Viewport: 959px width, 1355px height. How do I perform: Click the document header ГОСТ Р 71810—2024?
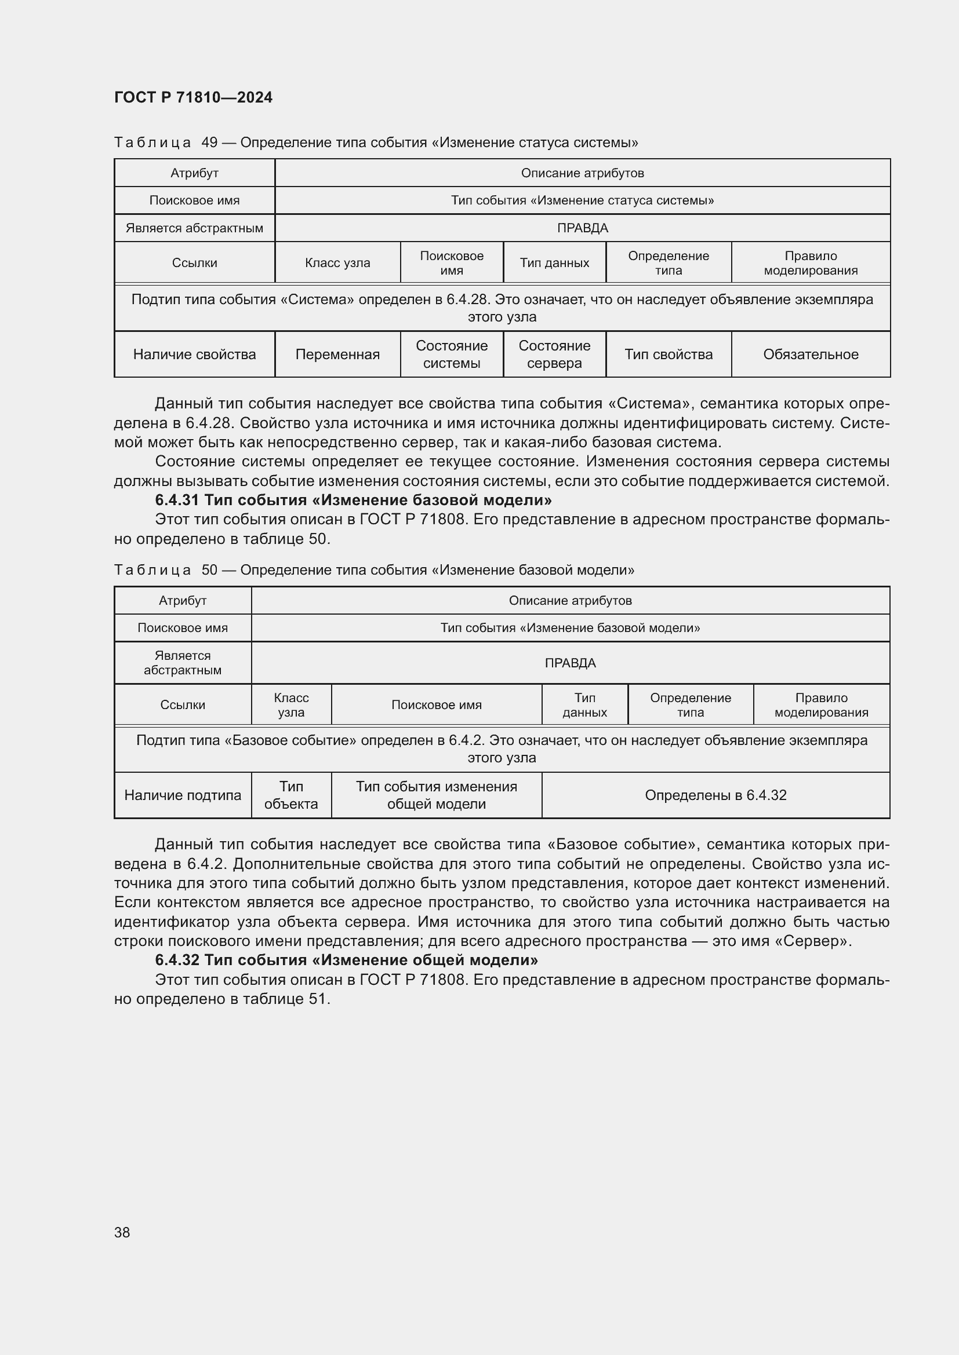click(193, 97)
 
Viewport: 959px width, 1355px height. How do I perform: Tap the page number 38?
click(122, 1232)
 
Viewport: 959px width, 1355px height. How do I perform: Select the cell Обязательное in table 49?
click(810, 354)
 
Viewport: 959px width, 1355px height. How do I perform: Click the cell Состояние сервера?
click(554, 354)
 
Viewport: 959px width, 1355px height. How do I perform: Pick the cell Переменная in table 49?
click(337, 354)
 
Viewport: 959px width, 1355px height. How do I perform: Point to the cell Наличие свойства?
click(194, 354)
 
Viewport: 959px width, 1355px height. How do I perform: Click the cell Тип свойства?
click(668, 354)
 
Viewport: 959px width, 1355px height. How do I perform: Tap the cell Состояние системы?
click(451, 354)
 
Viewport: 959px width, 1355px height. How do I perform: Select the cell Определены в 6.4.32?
click(715, 795)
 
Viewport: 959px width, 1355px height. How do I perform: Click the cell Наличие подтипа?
click(183, 795)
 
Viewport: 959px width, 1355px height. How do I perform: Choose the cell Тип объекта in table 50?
click(291, 795)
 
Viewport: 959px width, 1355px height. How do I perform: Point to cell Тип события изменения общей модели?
click(436, 795)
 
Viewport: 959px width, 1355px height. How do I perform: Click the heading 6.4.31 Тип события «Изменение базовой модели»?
click(353, 500)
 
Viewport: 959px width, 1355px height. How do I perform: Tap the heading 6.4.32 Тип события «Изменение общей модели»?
click(346, 959)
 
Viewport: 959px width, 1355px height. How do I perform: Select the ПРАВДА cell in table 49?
click(582, 228)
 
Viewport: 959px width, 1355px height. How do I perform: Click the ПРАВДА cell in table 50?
click(570, 663)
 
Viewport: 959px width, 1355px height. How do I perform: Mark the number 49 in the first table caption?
click(210, 143)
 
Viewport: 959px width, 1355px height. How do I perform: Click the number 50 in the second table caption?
click(210, 569)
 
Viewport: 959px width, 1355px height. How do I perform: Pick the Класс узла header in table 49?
click(337, 262)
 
